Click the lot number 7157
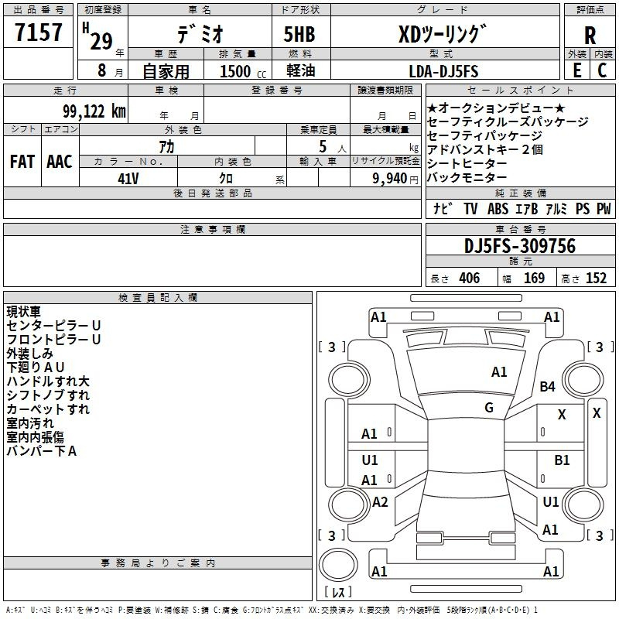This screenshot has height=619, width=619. [38, 32]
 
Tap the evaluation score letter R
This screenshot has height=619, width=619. [590, 36]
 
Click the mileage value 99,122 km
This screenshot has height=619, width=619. [94, 111]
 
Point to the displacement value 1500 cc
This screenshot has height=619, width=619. [243, 71]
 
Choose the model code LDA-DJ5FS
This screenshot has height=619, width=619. [443, 71]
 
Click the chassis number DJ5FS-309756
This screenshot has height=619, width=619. [520, 246]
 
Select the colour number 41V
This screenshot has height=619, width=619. [128, 179]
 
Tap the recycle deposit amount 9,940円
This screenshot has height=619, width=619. [395, 179]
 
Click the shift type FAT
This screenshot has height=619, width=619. [22, 162]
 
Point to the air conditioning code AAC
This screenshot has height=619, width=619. [60, 162]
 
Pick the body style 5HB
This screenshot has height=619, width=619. [299, 34]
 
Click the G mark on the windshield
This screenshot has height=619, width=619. [489, 408]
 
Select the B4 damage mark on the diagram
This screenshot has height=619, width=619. [547, 386]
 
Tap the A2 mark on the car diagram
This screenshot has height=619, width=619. [380, 502]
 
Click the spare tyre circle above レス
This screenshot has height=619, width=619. [338, 564]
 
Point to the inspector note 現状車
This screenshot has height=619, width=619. [24, 312]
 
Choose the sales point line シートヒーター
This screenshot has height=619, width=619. [467, 163]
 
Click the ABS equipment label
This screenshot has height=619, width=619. [498, 209]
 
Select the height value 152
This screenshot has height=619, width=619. [596, 279]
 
